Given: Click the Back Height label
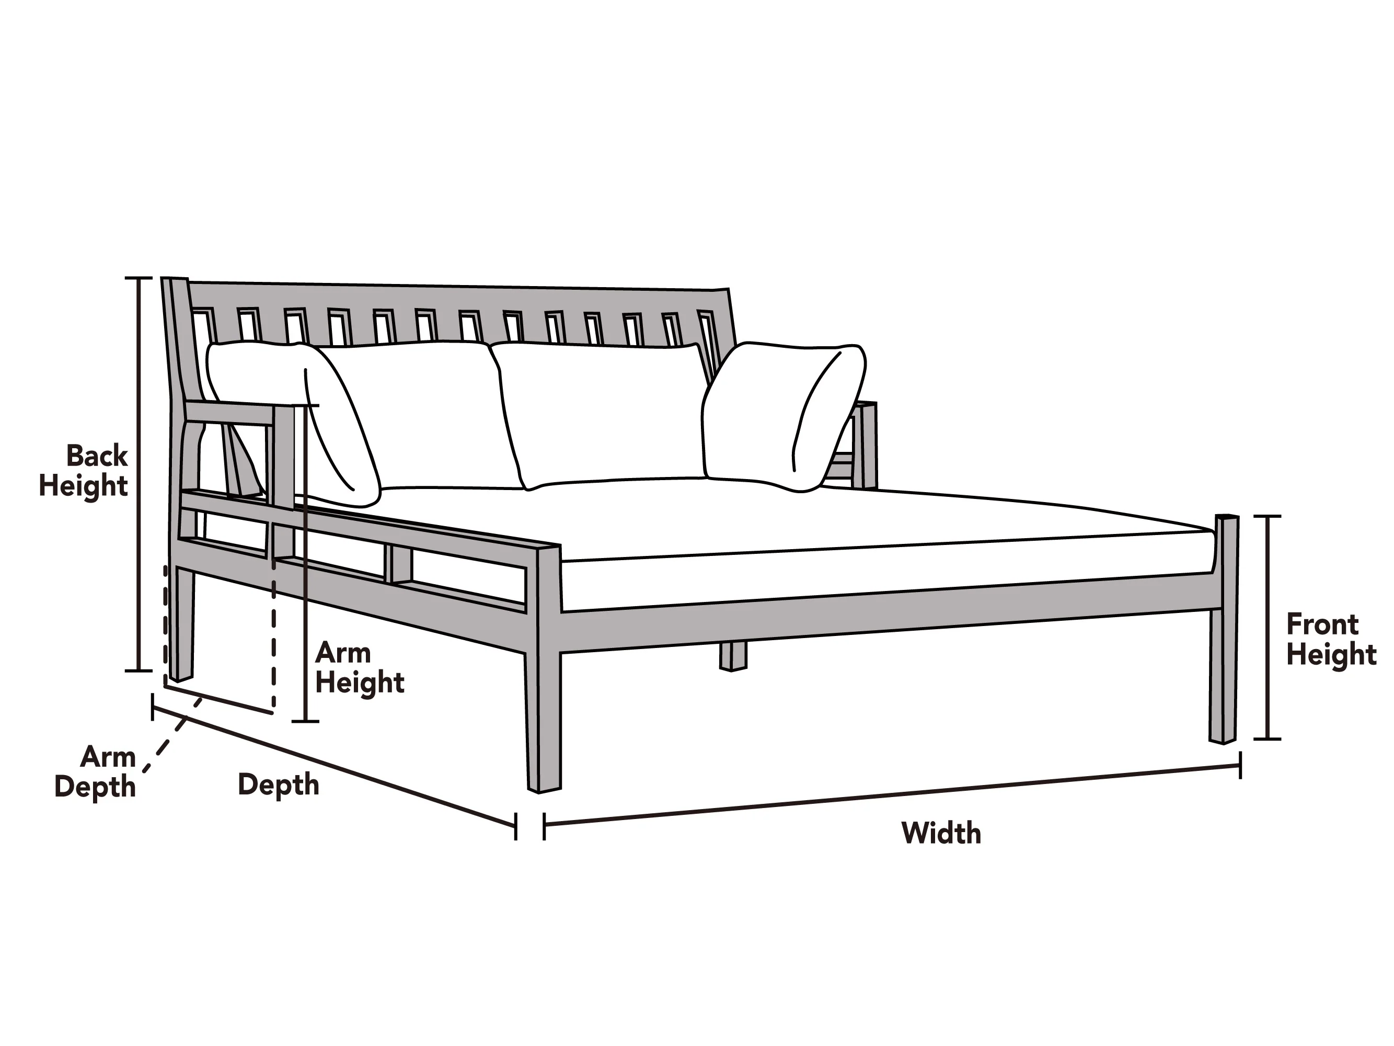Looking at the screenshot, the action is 84,471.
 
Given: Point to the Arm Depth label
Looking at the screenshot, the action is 95,772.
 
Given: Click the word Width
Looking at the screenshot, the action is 941,833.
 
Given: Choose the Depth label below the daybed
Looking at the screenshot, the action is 279,785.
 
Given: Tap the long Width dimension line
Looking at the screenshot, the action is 892,795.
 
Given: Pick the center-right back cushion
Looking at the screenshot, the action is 602,415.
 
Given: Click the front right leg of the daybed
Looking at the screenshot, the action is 1223,629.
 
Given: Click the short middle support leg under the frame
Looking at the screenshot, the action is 733,656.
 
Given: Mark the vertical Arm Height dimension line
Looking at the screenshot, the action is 305,562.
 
